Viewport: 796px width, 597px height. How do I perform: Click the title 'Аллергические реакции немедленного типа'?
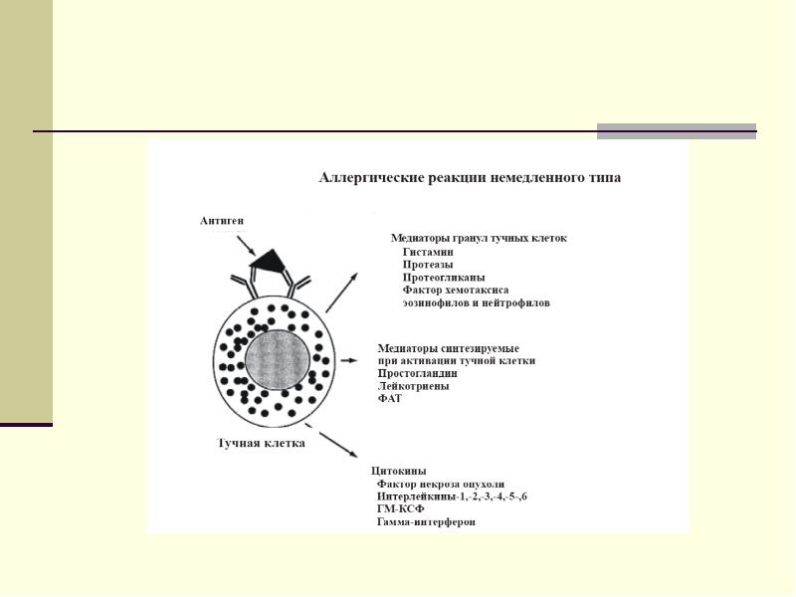pyautogui.click(x=469, y=178)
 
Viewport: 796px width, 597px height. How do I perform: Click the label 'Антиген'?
pyautogui.click(x=222, y=220)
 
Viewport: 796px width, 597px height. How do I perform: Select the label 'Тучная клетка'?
pyautogui.click(x=261, y=443)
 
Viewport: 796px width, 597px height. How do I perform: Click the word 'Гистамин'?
pyautogui.click(x=428, y=252)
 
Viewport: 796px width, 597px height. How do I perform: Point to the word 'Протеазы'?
pyautogui.click(x=428, y=265)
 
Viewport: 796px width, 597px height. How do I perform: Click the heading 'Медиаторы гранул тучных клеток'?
pyautogui.click(x=479, y=238)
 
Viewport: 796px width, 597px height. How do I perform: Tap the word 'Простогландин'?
pyautogui.click(x=418, y=373)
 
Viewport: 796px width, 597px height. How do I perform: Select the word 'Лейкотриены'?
pyautogui.click(x=413, y=385)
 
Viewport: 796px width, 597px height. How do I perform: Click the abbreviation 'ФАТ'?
pyautogui.click(x=390, y=398)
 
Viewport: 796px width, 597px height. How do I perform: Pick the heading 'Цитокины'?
pyautogui.click(x=399, y=470)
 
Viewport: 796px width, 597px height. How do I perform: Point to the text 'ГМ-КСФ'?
pyautogui.click(x=400, y=508)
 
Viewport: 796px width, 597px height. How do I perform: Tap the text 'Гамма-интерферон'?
pyautogui.click(x=426, y=521)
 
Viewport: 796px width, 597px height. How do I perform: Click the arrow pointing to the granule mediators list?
pyautogui.click(x=342, y=291)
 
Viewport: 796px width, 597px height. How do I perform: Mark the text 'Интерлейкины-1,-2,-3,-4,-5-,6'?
pyautogui.click(x=452, y=496)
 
